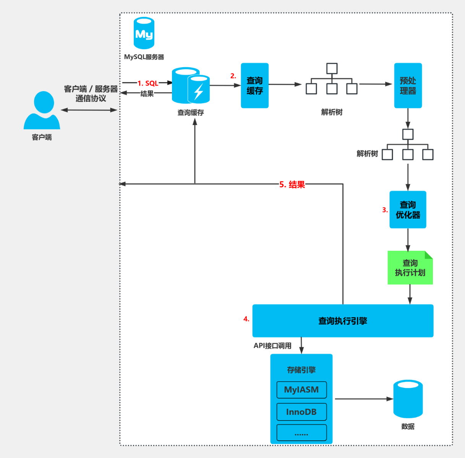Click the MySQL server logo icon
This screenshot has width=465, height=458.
point(144,33)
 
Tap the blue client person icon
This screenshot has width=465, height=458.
point(42,110)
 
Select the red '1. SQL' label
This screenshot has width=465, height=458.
point(147,83)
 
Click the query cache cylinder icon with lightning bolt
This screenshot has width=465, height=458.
point(191,86)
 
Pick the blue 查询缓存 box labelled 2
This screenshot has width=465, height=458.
point(254,85)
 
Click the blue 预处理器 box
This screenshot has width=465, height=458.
point(408,85)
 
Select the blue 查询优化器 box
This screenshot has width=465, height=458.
point(408,210)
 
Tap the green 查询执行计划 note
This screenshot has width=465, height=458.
point(410,268)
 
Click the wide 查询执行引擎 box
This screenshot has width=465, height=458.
point(343,321)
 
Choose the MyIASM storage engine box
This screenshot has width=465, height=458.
point(301,390)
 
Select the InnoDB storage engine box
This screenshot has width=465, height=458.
point(301,412)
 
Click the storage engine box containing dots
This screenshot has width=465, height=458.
point(301,433)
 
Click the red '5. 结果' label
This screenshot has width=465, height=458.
point(292,185)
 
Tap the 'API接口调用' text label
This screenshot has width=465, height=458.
point(272,346)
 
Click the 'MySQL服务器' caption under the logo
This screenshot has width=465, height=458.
point(144,57)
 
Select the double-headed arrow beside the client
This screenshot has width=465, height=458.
point(89,110)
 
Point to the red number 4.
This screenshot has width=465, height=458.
point(246,319)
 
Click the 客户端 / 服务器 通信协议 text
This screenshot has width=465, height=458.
point(91,94)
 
